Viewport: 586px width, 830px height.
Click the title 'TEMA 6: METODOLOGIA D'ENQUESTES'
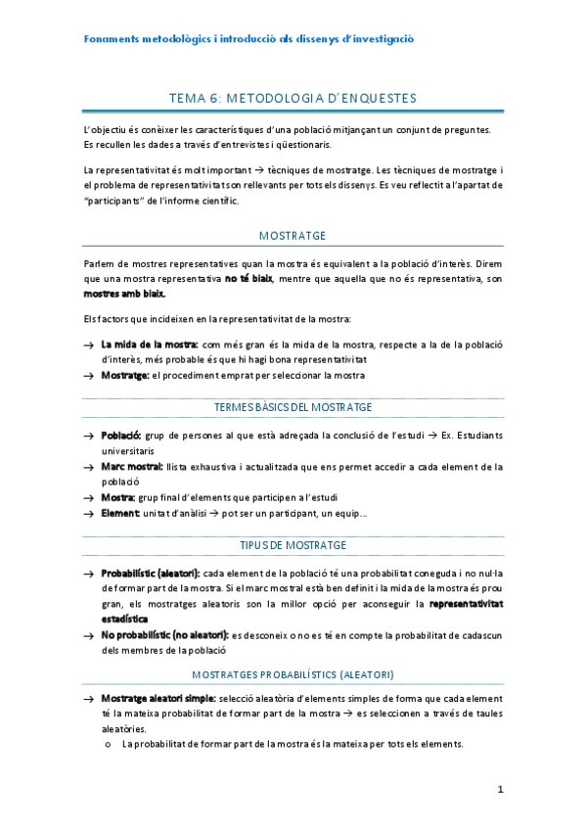293,98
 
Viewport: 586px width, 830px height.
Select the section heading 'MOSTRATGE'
293,236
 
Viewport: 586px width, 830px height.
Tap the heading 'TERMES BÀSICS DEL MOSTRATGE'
293,406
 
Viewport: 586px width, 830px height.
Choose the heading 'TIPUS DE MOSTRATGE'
293,544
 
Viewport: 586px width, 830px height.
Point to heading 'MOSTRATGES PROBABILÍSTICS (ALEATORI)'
293,675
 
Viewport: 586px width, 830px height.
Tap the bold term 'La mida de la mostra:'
150,345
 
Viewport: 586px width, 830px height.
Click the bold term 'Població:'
121,434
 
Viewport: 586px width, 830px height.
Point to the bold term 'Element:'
120,514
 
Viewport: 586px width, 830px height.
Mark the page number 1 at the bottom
499,789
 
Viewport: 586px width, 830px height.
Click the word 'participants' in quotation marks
115,202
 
